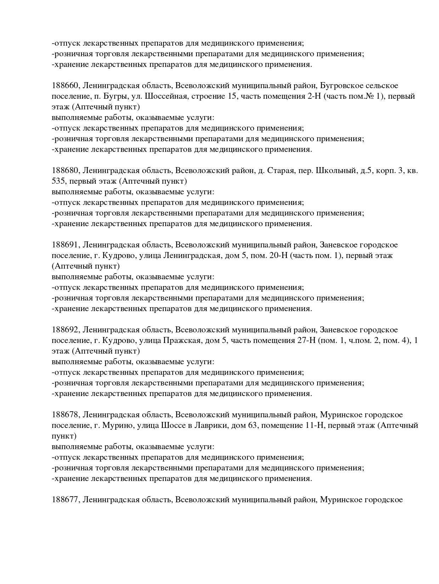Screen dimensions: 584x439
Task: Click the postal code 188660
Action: pos(66,86)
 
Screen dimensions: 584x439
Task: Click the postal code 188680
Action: pos(66,171)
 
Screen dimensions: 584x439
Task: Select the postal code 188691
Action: pos(66,245)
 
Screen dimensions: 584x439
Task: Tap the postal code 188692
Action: pos(66,330)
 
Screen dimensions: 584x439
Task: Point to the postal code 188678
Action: pos(66,415)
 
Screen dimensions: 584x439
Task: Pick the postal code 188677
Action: pos(66,500)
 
